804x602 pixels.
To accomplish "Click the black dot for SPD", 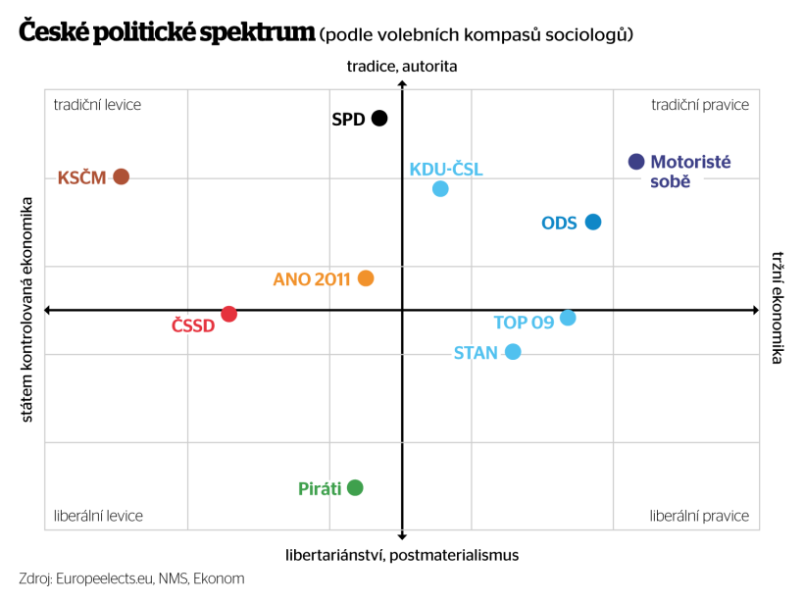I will (x=379, y=119).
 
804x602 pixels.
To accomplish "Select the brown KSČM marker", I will (x=122, y=176).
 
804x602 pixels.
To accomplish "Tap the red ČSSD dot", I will (x=228, y=314).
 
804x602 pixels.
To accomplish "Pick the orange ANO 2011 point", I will (x=366, y=278).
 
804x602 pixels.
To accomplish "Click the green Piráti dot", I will (x=355, y=487).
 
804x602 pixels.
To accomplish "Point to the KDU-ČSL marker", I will (x=440, y=188).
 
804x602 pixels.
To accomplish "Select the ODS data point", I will (x=593, y=222).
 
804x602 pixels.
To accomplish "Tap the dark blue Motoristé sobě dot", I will (x=636, y=162).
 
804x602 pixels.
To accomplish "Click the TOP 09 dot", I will (x=568, y=318).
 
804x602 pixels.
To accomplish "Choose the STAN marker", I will (x=513, y=352).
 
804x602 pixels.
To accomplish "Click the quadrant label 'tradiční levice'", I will (x=97, y=105).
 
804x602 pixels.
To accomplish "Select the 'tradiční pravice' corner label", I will (x=700, y=105).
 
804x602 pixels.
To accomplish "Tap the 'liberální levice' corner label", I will (x=98, y=516).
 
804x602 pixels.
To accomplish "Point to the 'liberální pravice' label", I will (x=699, y=516).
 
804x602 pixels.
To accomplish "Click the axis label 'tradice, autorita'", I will (x=402, y=67).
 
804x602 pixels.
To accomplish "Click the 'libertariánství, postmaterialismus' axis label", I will (x=402, y=555).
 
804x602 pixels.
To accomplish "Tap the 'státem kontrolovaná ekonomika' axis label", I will (x=27, y=310).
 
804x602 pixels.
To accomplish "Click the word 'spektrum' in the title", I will (x=260, y=32).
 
